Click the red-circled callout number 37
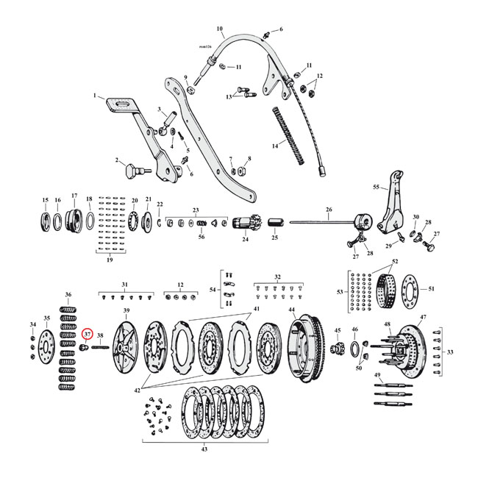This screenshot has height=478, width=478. pos(87,335)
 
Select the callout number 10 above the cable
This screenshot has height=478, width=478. pos(220,30)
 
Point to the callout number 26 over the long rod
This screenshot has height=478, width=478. pos(328,209)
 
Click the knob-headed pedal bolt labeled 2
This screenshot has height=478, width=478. pos(132,171)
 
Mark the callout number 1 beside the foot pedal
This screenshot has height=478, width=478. pos(94,96)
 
